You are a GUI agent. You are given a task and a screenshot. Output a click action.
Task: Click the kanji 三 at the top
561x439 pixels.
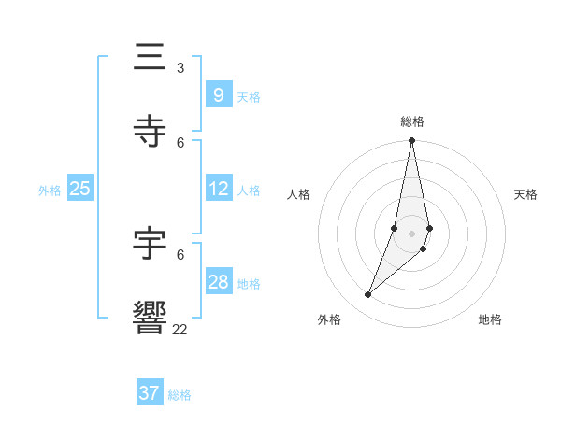coord(150,58)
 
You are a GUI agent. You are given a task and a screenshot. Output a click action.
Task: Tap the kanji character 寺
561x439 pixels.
coord(150,132)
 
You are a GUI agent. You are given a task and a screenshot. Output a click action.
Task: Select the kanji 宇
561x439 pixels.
coord(150,244)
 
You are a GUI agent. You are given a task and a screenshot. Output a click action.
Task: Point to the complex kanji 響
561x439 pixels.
coord(150,318)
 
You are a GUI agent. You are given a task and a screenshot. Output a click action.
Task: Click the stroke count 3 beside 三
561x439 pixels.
coord(180,67)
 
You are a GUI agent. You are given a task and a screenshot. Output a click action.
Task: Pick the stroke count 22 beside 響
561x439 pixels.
coord(180,329)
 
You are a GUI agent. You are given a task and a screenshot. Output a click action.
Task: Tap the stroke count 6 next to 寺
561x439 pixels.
coord(180,142)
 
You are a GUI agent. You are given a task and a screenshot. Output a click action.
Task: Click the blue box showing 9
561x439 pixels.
coord(218,95)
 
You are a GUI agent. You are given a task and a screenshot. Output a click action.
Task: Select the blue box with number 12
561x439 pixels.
coord(218,189)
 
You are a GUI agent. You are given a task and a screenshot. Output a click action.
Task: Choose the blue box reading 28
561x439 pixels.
coord(218,282)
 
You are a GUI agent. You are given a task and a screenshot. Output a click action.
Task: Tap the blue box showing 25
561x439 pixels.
coord(79,189)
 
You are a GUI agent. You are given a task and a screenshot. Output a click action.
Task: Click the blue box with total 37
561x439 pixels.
coord(149,393)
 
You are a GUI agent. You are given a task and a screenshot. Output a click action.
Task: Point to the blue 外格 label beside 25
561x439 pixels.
coord(50,191)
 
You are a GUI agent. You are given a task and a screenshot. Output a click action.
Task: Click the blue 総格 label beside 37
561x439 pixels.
coord(180,395)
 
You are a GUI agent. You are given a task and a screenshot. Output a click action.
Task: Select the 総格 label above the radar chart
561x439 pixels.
coord(411,121)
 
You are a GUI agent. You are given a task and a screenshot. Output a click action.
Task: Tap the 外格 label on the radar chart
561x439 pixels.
coord(329,319)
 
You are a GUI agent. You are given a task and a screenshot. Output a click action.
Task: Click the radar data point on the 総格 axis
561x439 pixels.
coord(411,141)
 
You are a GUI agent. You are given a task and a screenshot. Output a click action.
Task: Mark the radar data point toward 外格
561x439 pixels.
coord(368,295)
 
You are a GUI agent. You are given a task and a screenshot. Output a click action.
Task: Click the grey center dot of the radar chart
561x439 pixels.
coord(411,233)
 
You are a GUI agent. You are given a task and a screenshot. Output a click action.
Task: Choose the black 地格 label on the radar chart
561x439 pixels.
coord(490,319)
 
